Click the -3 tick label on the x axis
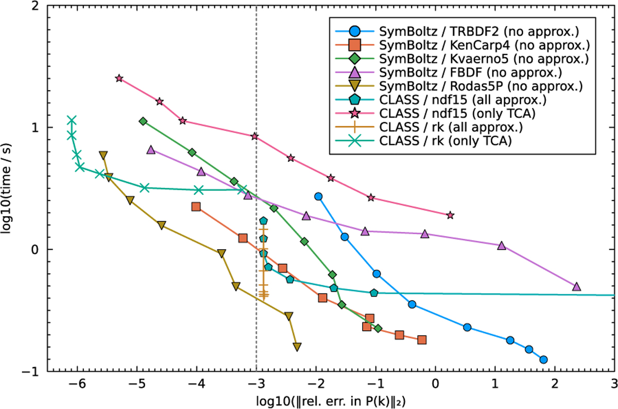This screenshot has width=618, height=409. point(256,383)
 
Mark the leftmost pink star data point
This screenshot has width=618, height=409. point(119,78)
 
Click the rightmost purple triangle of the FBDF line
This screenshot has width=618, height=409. point(576,286)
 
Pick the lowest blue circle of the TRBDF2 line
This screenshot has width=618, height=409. point(543,359)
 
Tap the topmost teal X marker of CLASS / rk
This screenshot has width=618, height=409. point(72,120)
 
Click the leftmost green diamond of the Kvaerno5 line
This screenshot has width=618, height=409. point(143,121)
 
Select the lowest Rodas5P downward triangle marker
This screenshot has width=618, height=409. point(297,347)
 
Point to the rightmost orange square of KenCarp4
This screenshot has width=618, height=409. point(422,339)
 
